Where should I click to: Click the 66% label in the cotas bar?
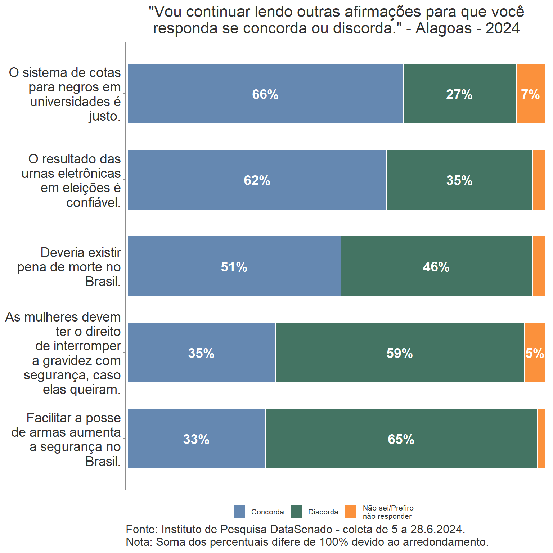(265, 94)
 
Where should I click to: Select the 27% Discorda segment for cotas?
(459, 94)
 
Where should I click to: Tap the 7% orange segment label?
(530, 94)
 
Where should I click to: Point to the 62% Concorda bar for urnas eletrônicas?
(257, 180)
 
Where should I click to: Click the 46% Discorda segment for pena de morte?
(436, 267)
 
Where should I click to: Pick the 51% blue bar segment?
(234, 267)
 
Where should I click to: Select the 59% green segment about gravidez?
(400, 353)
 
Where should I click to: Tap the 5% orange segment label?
(535, 353)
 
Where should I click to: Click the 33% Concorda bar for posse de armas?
(196, 439)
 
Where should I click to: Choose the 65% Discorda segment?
(401, 439)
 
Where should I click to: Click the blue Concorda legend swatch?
(239, 512)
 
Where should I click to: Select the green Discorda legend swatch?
(296, 512)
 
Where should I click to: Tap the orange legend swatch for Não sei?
(351, 512)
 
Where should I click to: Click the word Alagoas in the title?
(444, 28)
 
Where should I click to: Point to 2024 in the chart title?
(503, 28)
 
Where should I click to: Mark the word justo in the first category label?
(105, 117)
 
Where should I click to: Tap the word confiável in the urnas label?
(94, 203)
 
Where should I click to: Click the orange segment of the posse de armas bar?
(541, 439)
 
